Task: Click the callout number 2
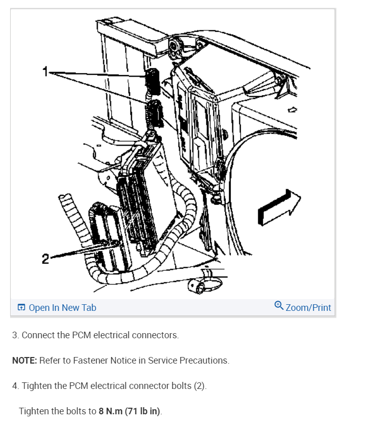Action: point(45,259)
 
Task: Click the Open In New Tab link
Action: point(62,308)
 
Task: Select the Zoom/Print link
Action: point(308,308)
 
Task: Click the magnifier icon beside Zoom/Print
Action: point(279,306)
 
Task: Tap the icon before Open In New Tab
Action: point(21,308)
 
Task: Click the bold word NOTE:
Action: point(24,361)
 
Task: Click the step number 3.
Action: point(15,335)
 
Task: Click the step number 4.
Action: point(15,386)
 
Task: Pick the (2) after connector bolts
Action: point(200,386)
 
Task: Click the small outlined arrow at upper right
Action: point(291,109)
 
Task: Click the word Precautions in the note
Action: point(205,361)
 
